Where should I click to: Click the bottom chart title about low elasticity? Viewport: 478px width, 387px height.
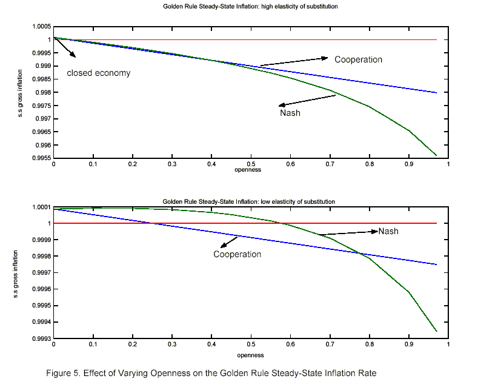[248, 201]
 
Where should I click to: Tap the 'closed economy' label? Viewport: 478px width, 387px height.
[98, 73]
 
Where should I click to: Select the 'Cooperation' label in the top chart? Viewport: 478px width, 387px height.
[358, 59]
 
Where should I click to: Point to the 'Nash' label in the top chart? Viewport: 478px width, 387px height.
[290, 113]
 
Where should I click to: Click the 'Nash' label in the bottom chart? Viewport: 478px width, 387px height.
[388, 231]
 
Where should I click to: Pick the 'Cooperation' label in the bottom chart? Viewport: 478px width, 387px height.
[237, 254]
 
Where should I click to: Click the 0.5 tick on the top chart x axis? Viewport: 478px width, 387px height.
[251, 164]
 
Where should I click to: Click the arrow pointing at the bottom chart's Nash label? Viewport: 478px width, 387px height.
[348, 233]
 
